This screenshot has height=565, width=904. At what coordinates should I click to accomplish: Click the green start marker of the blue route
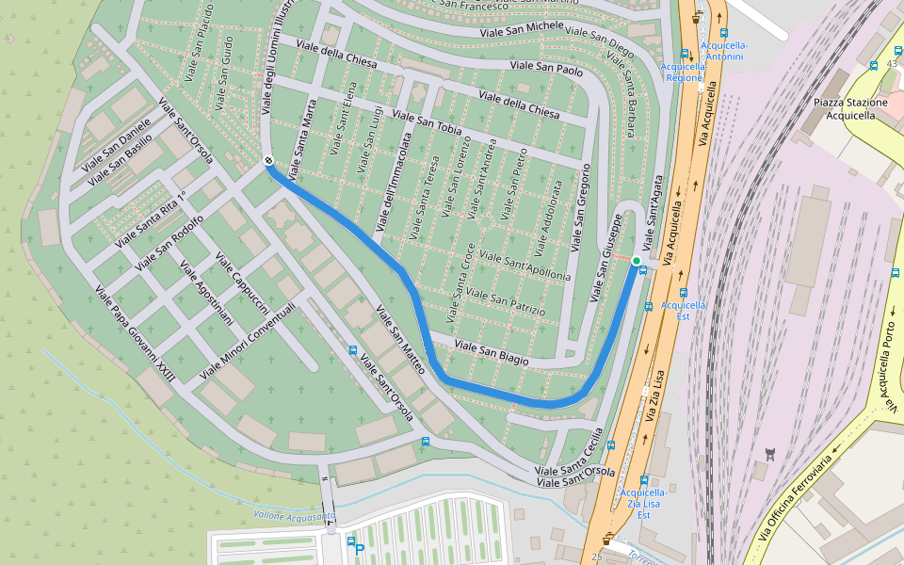point(637,261)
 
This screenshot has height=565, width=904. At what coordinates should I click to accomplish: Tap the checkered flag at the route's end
point(268,161)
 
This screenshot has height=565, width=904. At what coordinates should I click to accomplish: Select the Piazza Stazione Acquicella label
point(844,108)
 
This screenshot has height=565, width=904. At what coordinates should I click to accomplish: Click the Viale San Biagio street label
point(491,353)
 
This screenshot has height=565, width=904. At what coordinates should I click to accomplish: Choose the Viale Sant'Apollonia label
point(525,266)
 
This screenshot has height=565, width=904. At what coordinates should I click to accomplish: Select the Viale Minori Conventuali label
point(248,342)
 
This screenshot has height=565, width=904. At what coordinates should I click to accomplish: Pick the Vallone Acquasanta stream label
point(294,515)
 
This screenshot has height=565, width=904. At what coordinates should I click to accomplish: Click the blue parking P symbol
point(359,549)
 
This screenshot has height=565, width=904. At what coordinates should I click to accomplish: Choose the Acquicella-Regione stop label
point(684,72)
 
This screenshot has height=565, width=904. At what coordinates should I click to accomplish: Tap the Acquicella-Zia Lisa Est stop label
point(644,503)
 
